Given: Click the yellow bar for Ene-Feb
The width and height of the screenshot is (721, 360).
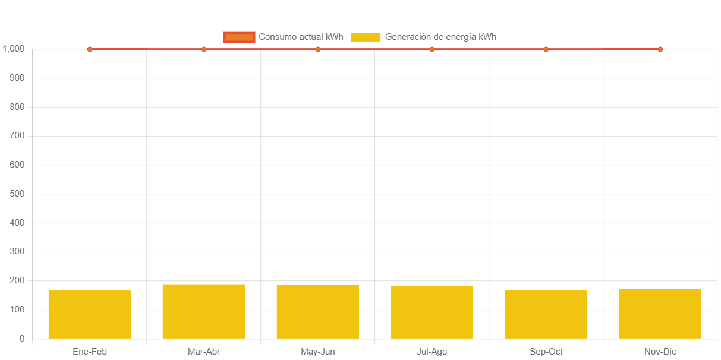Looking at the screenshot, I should (90, 314).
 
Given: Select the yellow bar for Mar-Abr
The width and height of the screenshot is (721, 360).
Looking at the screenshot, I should (204, 311).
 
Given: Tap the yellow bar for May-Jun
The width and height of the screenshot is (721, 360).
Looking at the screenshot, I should (318, 311).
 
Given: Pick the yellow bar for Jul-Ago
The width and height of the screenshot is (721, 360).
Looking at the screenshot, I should (432, 311).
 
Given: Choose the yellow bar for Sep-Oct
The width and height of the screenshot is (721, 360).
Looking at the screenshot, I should (546, 314).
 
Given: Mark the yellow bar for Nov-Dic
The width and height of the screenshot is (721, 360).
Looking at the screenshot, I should (660, 313).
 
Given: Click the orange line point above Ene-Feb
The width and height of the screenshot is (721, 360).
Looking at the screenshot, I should (90, 49).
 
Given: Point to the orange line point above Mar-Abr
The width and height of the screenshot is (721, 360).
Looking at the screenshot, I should (204, 49).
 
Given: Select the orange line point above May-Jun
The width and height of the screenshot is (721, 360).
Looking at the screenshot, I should (318, 49).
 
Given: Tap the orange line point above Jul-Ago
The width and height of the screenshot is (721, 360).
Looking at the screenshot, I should (432, 49).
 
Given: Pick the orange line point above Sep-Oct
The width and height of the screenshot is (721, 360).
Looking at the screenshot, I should (546, 49).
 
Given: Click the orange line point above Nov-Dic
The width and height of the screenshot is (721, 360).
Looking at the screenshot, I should (660, 49).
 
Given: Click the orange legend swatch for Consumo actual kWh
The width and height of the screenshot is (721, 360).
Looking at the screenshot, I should (239, 37).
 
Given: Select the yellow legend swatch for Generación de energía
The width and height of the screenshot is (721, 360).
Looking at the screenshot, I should (366, 37).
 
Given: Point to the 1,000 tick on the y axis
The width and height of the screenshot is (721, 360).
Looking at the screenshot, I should (14, 49).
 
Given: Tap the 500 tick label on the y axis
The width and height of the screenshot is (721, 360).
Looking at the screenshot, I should (17, 194).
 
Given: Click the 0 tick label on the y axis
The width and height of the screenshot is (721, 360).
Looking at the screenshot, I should (22, 339).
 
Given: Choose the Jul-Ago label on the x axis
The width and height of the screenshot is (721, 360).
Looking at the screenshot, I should (432, 352).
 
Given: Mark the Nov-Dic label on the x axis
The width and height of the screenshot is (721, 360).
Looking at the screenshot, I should (660, 352).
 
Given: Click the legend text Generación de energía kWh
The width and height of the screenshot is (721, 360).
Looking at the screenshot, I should (440, 37).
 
